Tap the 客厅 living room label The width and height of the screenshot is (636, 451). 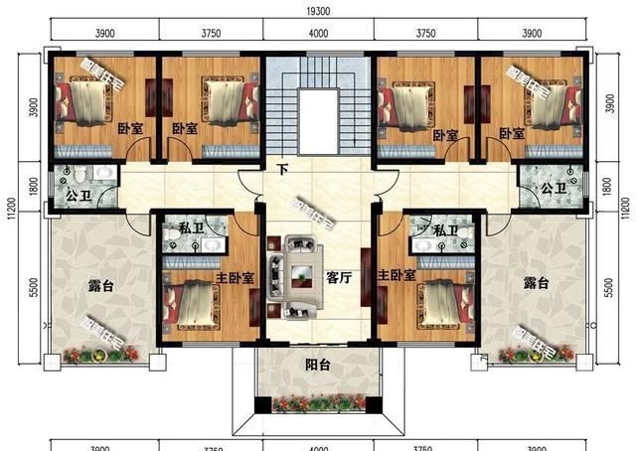[339, 278]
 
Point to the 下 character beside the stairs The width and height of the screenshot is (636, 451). [282, 170]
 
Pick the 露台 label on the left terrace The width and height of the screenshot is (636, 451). [99, 285]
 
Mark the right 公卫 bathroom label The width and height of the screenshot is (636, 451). [554, 189]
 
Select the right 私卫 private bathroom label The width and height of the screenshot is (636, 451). [445, 230]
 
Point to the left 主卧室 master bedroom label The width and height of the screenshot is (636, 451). [235, 277]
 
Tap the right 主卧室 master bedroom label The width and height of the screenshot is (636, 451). [396, 275]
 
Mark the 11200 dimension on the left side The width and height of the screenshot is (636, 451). [13, 203]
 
